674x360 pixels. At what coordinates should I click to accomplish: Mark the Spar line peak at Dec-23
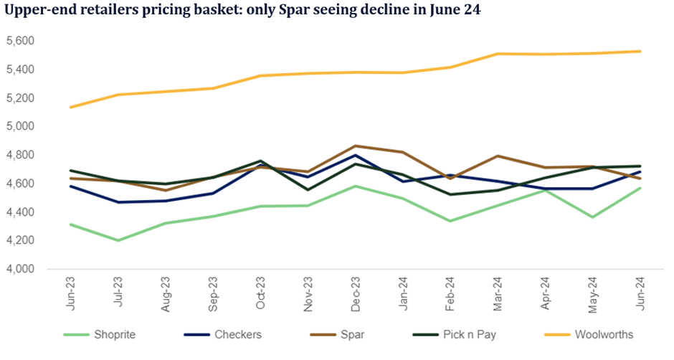(x=356, y=146)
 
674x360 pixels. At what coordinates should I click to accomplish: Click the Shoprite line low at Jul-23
(x=118, y=240)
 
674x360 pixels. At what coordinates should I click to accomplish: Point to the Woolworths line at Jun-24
(x=640, y=51)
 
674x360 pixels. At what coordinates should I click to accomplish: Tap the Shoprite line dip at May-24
(x=593, y=217)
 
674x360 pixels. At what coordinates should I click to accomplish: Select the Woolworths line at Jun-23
(x=70, y=107)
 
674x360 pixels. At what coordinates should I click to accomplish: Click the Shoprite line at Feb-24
(x=450, y=221)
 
